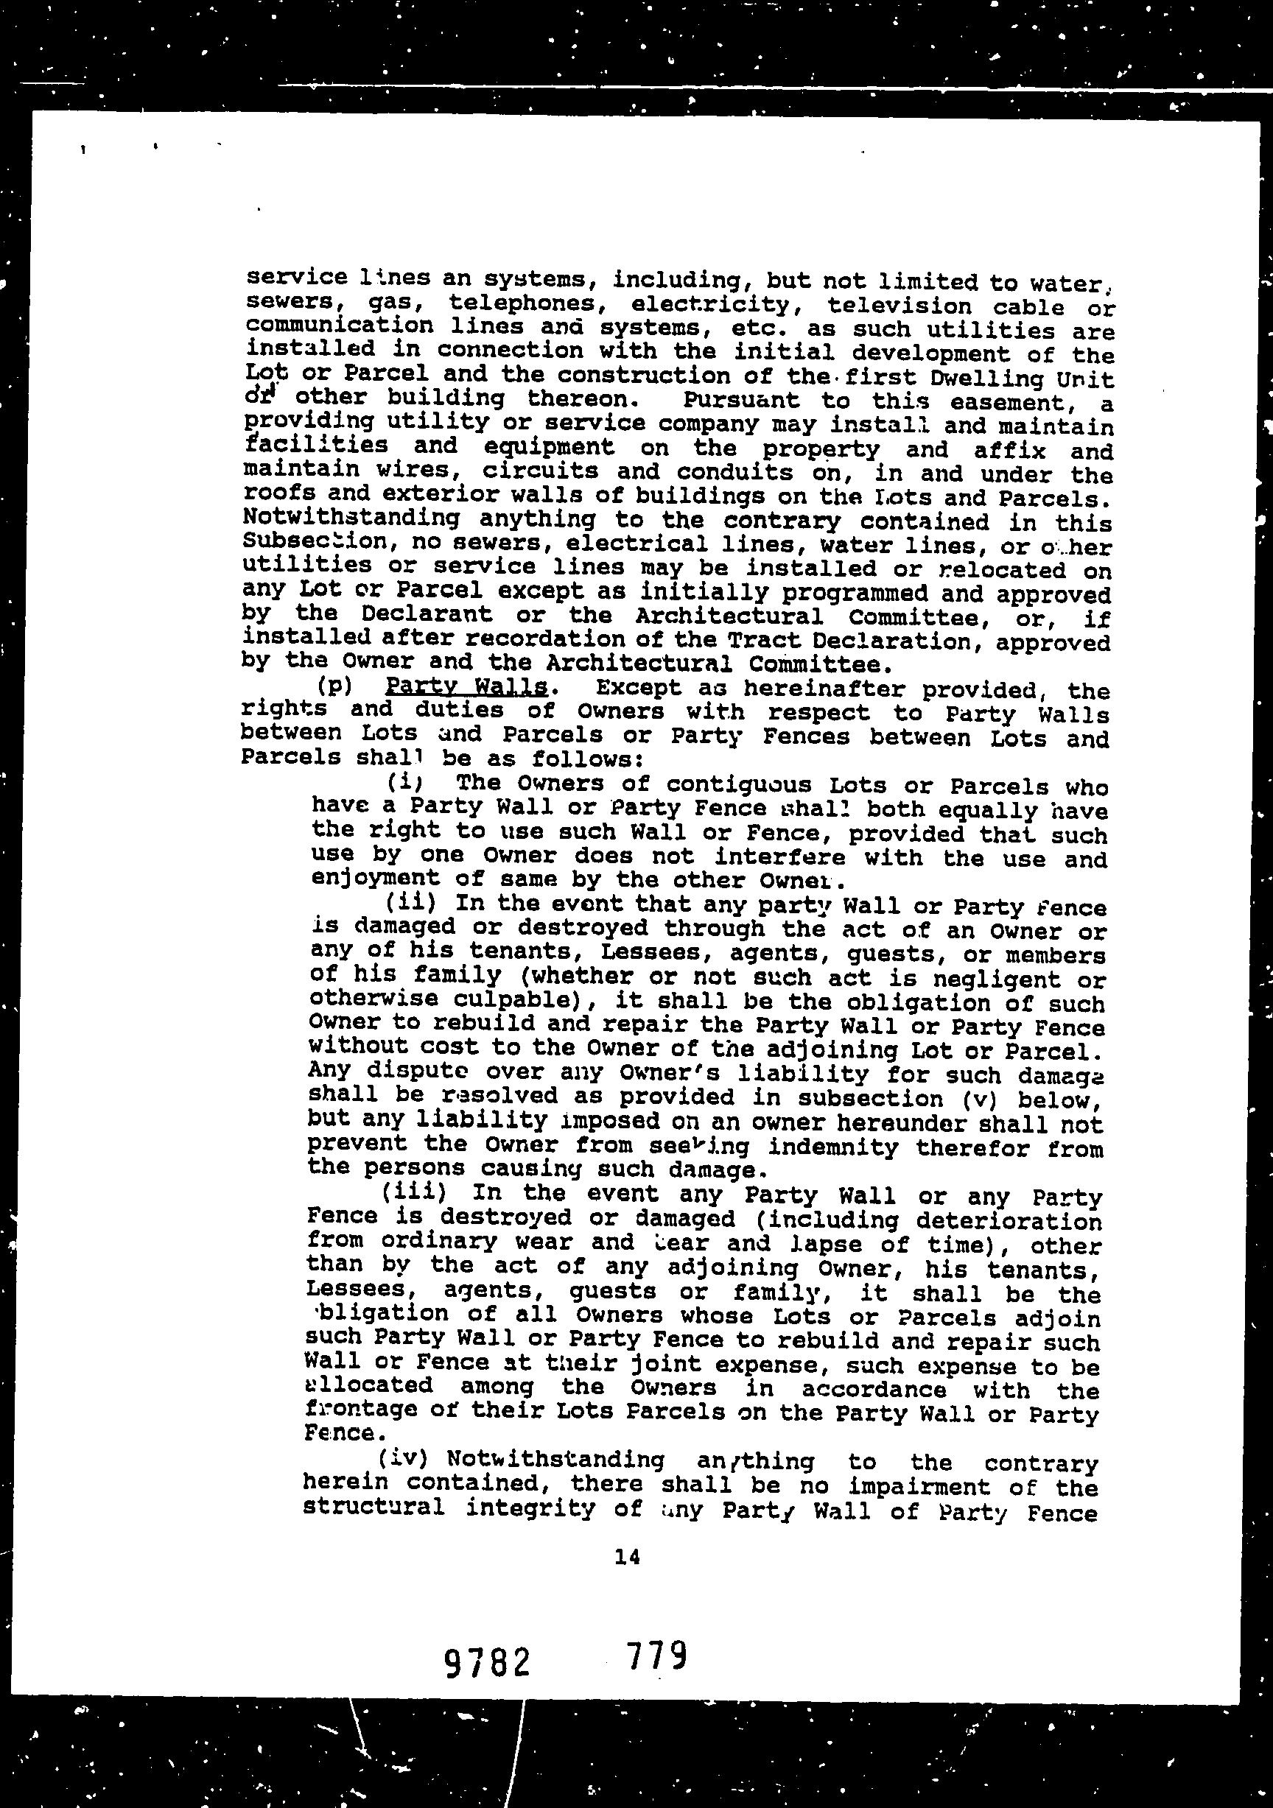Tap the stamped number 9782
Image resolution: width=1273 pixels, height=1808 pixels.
486,1663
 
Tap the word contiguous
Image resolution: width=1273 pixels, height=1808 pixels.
727,785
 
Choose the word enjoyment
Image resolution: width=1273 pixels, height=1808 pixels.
375,878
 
